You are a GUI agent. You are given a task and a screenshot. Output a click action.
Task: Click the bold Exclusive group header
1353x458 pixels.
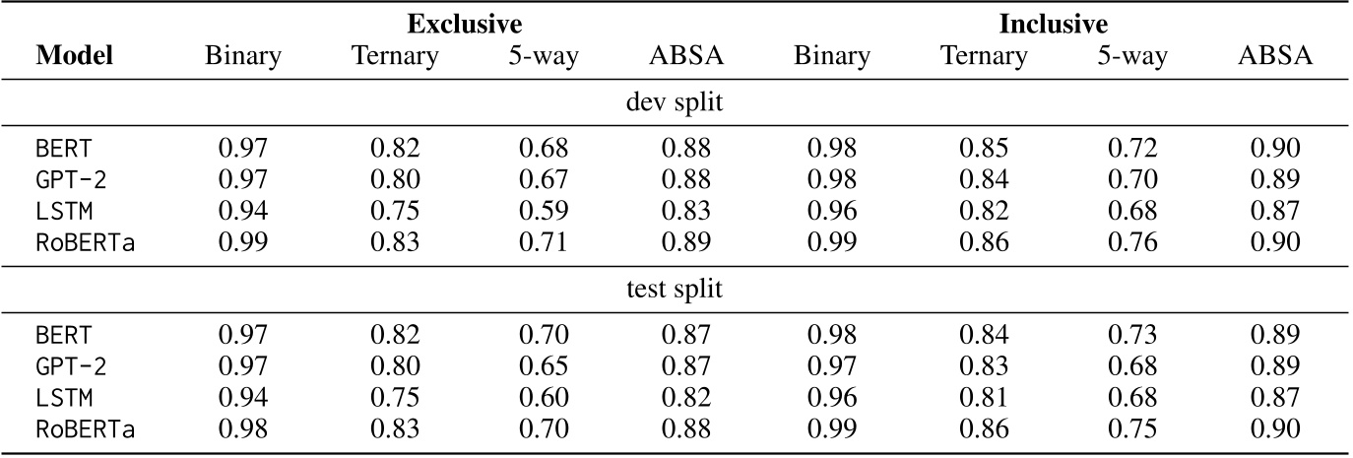pos(464,23)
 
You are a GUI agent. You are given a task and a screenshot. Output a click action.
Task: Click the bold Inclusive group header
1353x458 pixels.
pos(1054,23)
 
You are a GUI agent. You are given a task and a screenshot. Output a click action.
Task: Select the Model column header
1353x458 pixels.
pos(74,56)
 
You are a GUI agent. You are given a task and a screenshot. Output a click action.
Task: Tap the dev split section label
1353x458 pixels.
pos(675,102)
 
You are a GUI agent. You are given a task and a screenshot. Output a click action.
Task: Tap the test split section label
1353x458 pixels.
pos(675,291)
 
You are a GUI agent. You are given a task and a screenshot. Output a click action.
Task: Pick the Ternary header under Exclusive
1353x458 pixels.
pos(395,56)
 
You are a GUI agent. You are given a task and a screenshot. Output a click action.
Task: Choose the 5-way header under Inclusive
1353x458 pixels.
pos(1132,56)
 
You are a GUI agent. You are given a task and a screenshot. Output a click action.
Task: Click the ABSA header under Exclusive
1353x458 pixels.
pos(685,56)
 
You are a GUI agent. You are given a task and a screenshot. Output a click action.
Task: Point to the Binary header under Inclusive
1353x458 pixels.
pos(832,56)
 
